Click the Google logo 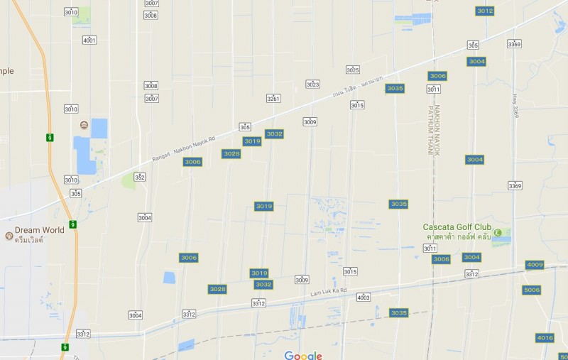pos(303,355)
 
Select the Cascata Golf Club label pos(457,227)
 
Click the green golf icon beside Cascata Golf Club pos(497,233)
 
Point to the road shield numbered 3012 pos(485,11)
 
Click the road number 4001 pos(89,40)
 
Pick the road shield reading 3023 pos(312,84)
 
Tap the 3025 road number pos(353,70)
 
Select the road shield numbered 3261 pos(273,98)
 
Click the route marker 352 pos(140,177)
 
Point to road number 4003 pos(364,297)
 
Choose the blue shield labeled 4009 pos(535,265)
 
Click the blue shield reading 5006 pos(531,290)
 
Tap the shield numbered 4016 pos(545,337)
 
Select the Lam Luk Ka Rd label pos(328,291)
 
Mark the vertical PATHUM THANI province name pos(430,131)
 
